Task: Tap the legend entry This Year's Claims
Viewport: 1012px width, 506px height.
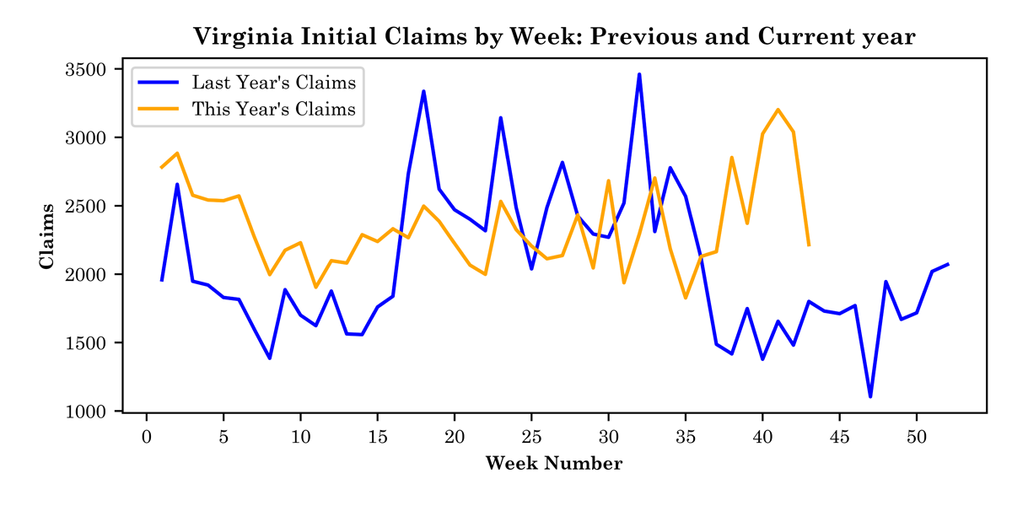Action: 273,109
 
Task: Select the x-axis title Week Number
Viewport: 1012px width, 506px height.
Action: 554,464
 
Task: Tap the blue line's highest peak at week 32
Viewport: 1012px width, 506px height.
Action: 639,74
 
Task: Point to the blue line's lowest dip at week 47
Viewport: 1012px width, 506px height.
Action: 870,396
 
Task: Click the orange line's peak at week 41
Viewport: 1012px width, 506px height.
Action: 778,110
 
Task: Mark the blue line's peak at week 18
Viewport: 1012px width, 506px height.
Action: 423,91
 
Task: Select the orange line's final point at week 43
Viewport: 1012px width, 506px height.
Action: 809,245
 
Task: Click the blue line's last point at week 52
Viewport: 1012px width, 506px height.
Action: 947,264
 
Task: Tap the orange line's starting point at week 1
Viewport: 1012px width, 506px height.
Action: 162,168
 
